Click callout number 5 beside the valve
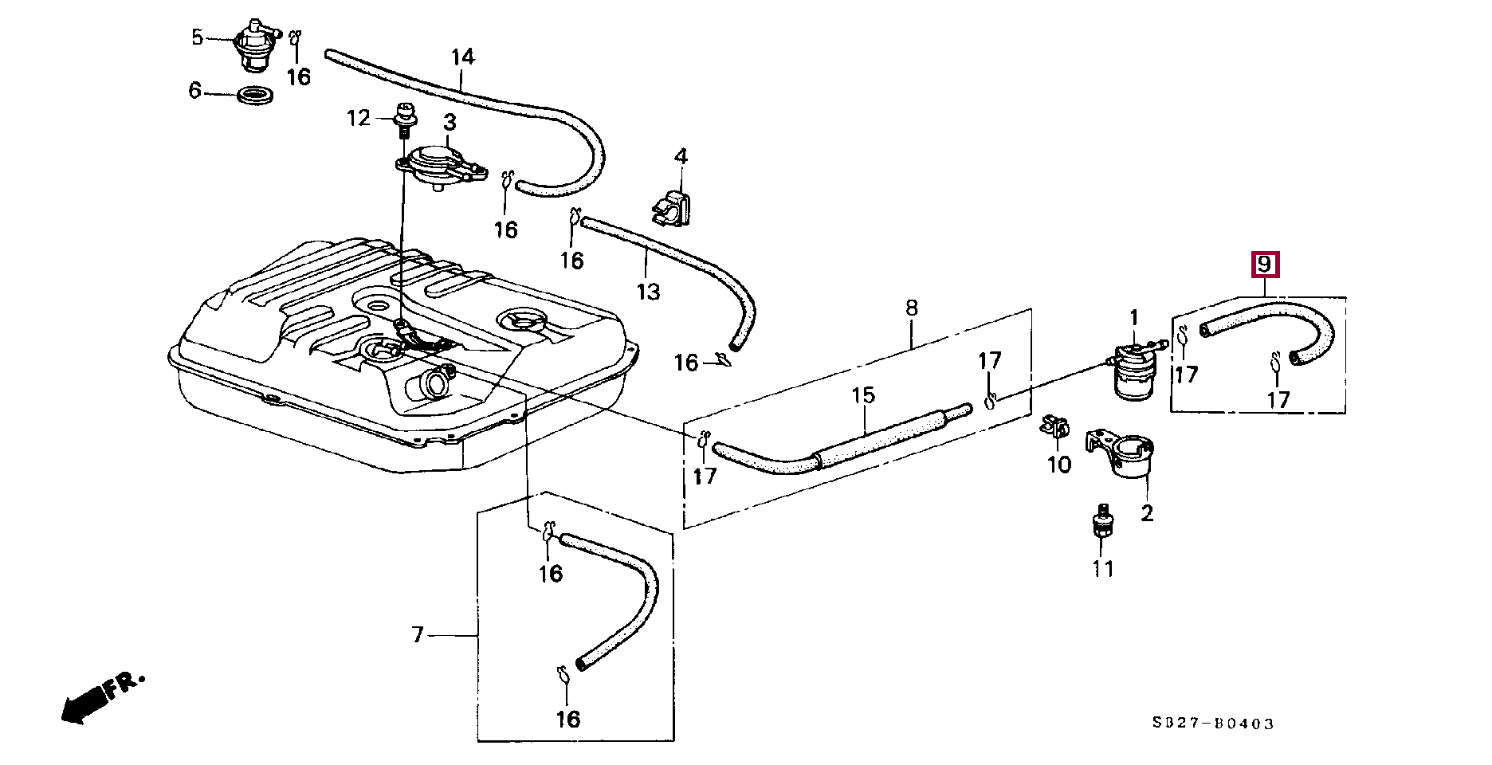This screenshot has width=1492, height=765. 197,37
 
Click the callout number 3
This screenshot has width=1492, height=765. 450,123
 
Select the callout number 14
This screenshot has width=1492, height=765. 462,57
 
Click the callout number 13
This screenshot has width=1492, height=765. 649,292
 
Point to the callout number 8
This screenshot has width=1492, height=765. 912,308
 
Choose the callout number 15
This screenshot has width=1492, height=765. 863,394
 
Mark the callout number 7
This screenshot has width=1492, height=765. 418,635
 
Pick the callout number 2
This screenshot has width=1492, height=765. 1146,512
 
